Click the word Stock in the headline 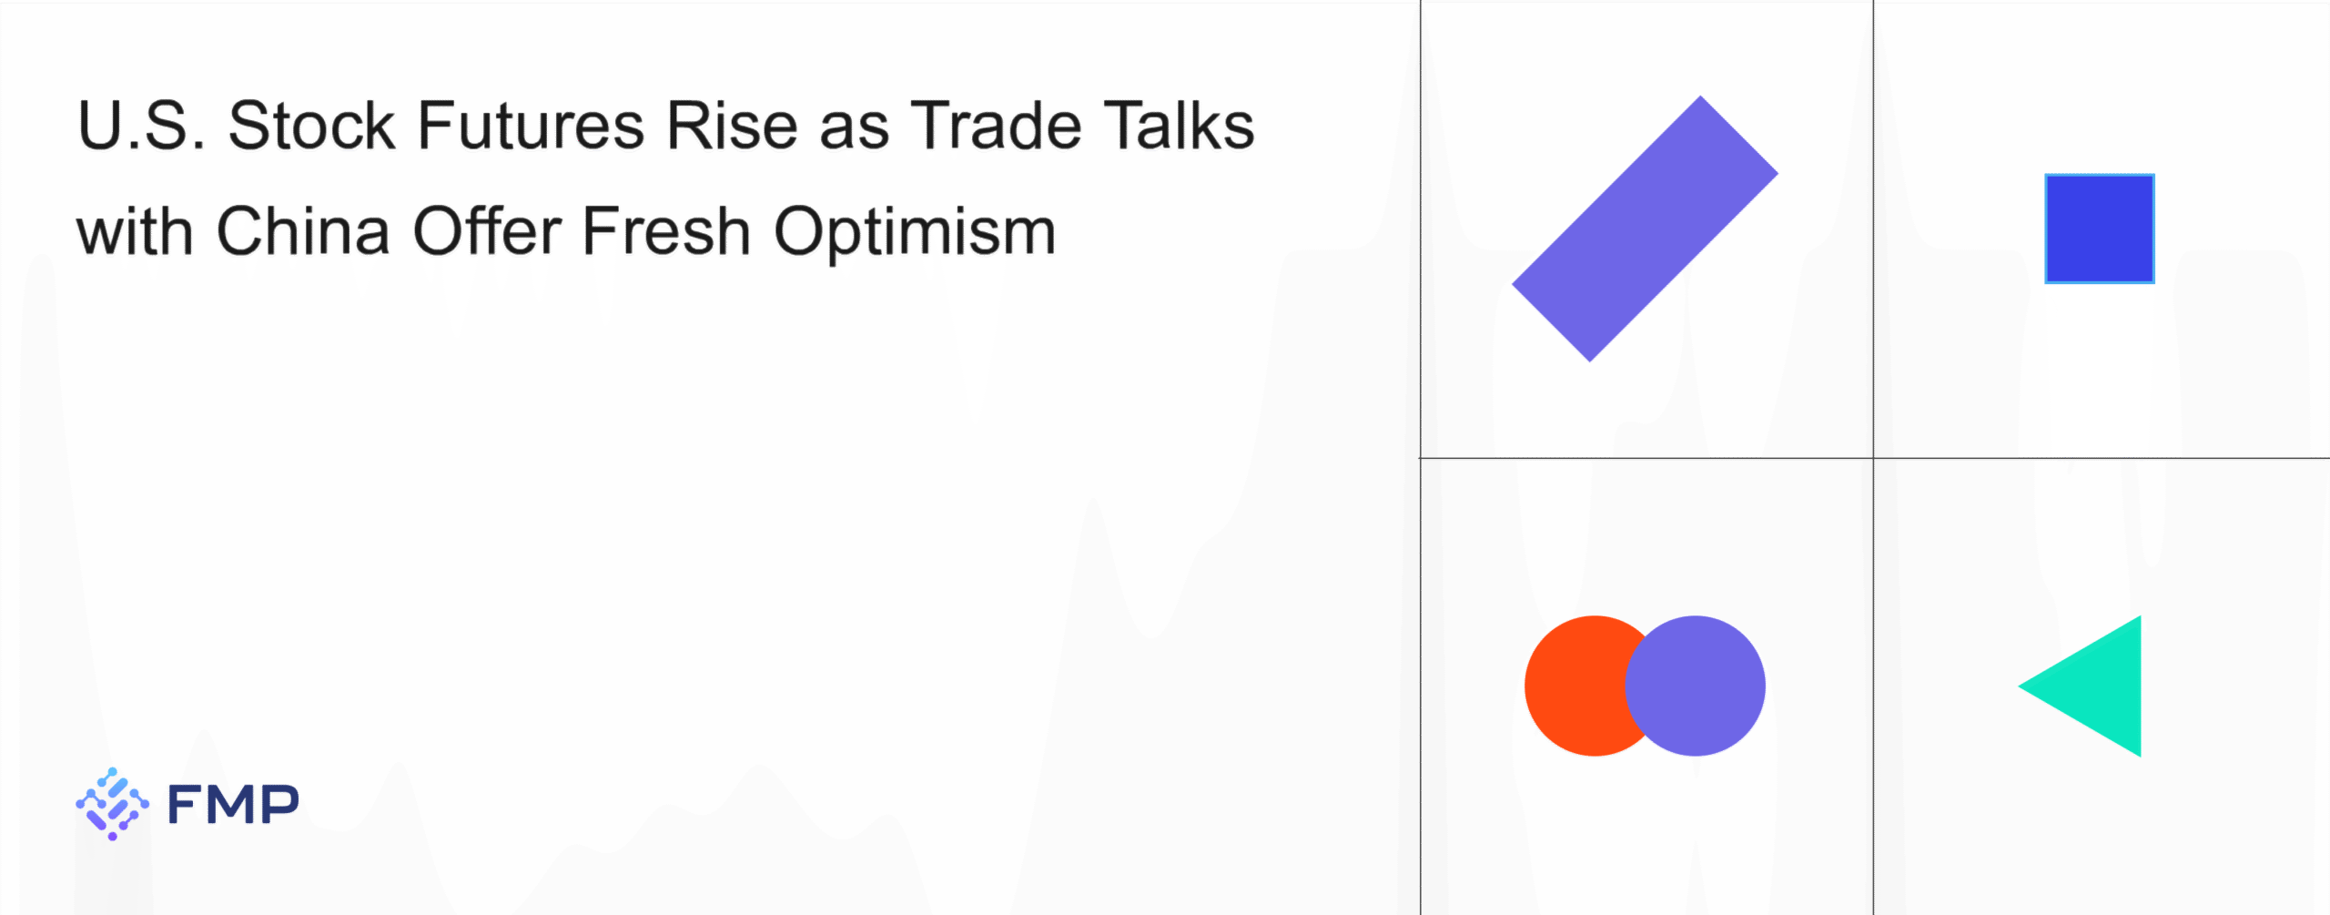click(x=310, y=126)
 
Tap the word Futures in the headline click(x=531, y=126)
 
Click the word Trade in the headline click(x=997, y=126)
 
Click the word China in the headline click(x=303, y=231)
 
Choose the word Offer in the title click(x=487, y=231)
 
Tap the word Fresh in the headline click(x=666, y=231)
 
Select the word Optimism click(x=915, y=235)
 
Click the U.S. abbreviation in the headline click(x=142, y=126)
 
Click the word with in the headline click(x=135, y=231)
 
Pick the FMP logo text click(x=233, y=804)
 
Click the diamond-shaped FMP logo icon click(x=112, y=804)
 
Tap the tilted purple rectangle click(x=1645, y=229)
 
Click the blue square click(x=2100, y=229)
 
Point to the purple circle click(x=1695, y=686)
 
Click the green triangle click(x=2100, y=686)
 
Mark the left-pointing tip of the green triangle click(x=2019, y=686)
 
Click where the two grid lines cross click(x=1873, y=458)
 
